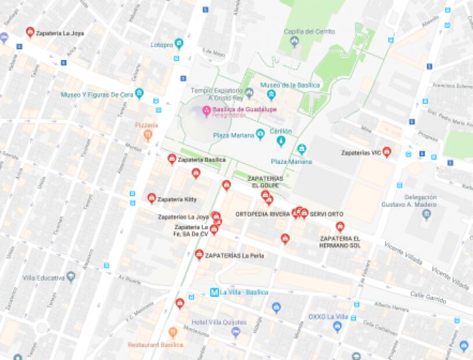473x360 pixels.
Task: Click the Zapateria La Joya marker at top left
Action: (x=30, y=33)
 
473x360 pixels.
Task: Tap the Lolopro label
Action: (x=162, y=44)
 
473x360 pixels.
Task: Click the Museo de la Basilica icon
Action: (x=271, y=94)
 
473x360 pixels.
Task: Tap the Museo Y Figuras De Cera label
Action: (x=97, y=94)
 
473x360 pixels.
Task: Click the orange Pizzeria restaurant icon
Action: (x=148, y=135)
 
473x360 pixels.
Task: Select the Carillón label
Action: (x=280, y=131)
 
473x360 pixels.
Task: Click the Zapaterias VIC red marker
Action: (x=386, y=152)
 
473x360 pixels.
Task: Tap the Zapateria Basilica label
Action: (x=201, y=159)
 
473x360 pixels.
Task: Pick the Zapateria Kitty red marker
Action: (x=152, y=199)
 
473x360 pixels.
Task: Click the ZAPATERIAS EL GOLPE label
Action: (x=265, y=181)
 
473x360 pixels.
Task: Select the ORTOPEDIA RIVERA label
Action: (x=262, y=214)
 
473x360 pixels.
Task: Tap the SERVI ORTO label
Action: (x=327, y=214)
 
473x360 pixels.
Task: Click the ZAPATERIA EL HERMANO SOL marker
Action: (x=340, y=227)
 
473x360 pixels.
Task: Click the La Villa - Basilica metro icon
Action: (x=214, y=292)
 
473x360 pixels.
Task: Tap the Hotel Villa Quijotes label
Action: (x=219, y=322)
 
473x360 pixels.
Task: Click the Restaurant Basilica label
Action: (x=155, y=344)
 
